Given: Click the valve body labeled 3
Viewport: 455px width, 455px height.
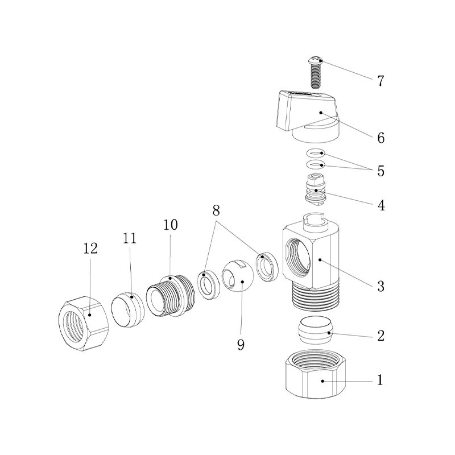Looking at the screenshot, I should coord(310,256).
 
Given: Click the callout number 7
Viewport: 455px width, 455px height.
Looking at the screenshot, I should coord(380,81).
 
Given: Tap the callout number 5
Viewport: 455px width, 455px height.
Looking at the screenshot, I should coord(380,171).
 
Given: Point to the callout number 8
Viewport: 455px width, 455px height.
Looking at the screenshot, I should coord(216,210).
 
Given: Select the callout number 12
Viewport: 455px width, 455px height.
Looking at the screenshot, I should coord(90,249).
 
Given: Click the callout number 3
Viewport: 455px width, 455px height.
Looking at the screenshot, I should coord(380,286).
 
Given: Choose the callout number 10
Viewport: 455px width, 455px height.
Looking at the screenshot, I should coord(170,225).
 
